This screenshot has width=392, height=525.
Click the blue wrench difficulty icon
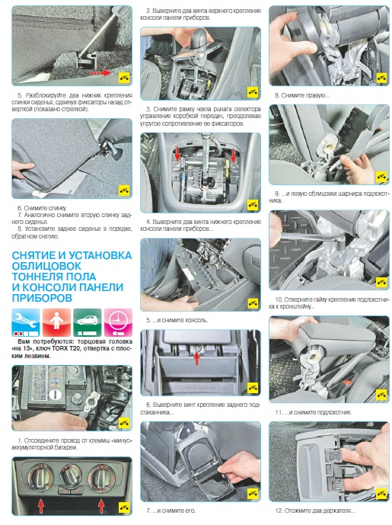pos(26,322)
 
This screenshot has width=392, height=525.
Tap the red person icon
pos(56,322)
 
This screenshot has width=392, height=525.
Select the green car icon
pos(88,322)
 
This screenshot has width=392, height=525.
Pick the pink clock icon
pos(118,322)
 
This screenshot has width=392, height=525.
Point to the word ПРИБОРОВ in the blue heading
pos(42,298)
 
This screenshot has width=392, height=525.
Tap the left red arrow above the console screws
pos(177,155)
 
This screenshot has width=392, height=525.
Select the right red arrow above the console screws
pos(233,155)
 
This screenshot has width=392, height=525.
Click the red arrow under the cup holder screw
pos(196,358)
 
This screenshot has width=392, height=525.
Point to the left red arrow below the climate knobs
pos(41,506)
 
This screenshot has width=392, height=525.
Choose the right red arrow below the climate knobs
pos(101,506)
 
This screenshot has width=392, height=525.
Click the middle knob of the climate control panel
pos(70,475)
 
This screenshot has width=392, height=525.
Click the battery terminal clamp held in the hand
pos(91,402)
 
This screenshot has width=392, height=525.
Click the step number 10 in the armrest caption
pos(279,299)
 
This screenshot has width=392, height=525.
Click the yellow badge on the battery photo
pos(124,423)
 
